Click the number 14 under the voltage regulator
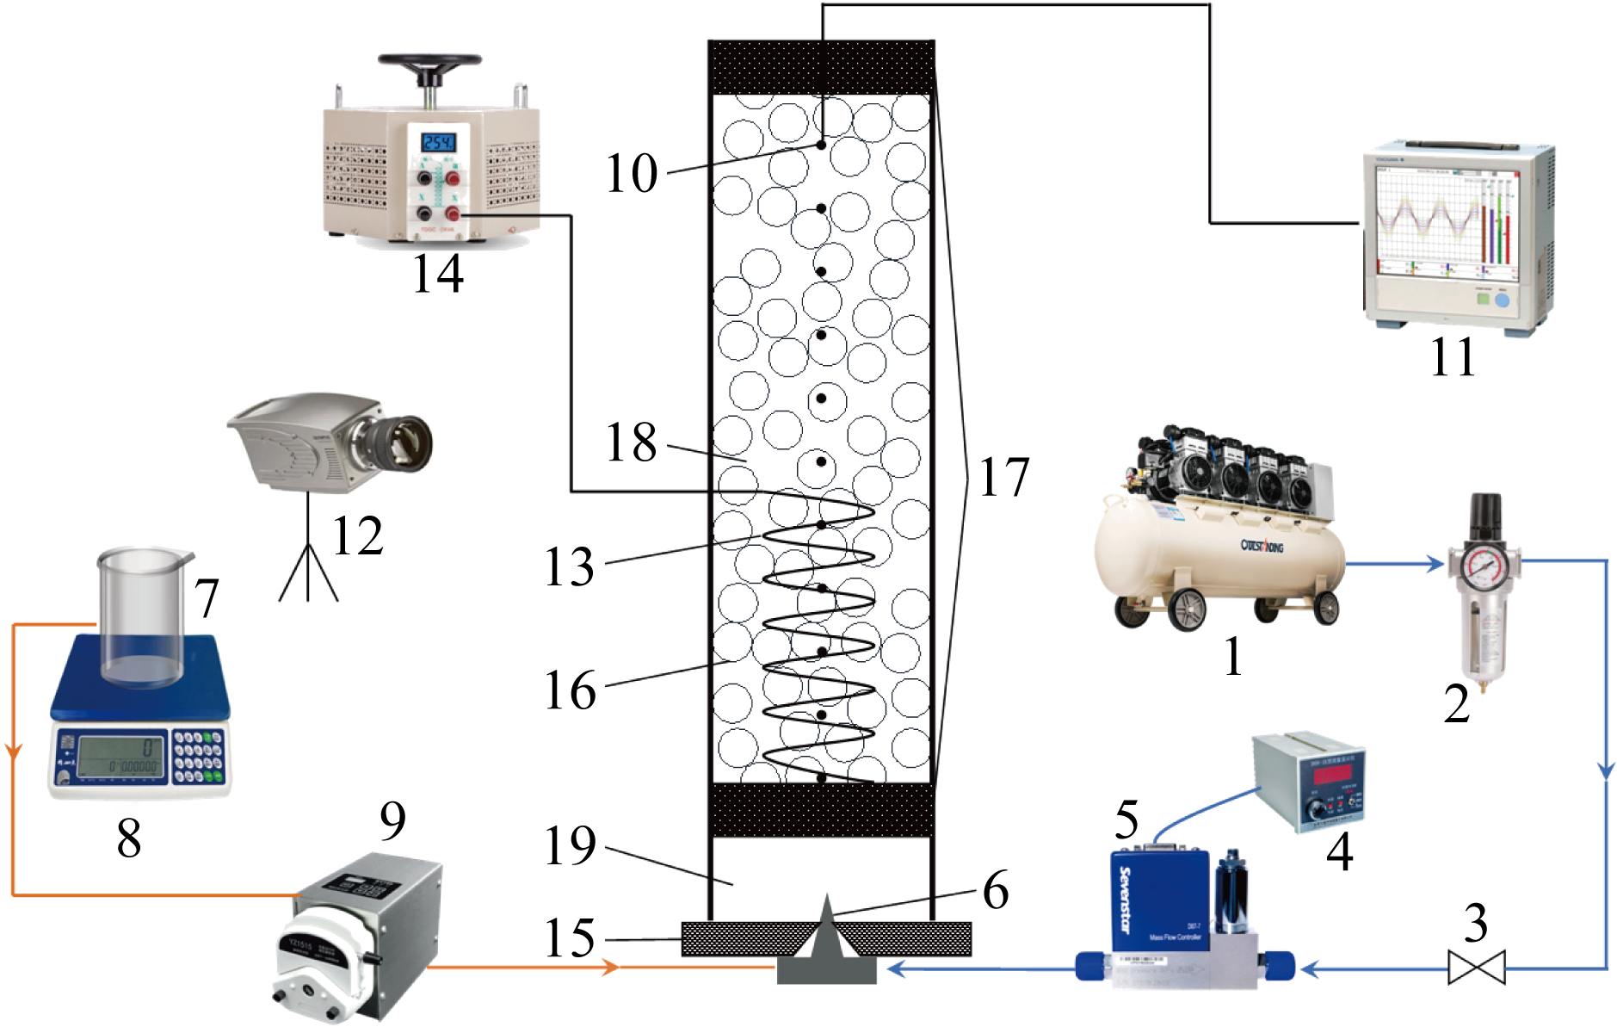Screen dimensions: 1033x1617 click(x=438, y=274)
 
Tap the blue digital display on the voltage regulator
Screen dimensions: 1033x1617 click(x=437, y=141)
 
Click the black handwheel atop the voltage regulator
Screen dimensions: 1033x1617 click(x=429, y=63)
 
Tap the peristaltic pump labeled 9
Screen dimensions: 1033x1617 click(x=357, y=938)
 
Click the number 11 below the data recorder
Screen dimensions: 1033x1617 click(x=1453, y=356)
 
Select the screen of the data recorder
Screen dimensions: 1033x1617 click(x=1447, y=226)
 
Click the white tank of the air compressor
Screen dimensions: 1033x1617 click(x=1213, y=551)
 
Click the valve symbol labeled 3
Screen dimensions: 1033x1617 click(x=1477, y=967)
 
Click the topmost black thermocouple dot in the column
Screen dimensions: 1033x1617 click(x=821, y=145)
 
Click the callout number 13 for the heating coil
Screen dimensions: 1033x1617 click(x=569, y=566)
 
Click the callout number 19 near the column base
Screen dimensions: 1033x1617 click(x=569, y=846)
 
